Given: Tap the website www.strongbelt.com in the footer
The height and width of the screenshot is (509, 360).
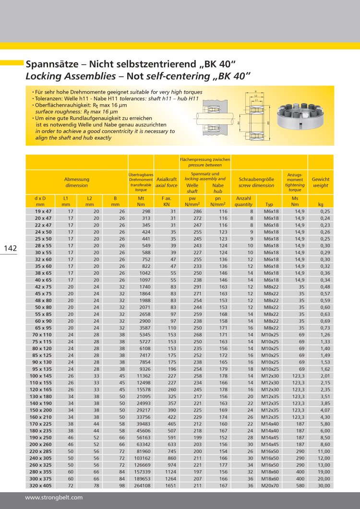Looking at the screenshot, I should click(54, 497).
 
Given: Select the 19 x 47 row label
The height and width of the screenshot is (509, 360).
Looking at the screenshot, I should click(44, 211).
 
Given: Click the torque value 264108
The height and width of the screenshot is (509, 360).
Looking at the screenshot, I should click(142, 485).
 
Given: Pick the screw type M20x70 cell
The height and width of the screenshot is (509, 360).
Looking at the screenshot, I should click(271, 485).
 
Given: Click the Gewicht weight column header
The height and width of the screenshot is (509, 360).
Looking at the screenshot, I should click(321, 182).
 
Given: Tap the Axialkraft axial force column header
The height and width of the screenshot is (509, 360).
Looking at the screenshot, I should click(167, 182).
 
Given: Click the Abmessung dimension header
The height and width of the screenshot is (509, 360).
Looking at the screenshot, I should click(77, 182).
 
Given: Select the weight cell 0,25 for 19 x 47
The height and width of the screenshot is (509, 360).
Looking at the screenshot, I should click(325, 211).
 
